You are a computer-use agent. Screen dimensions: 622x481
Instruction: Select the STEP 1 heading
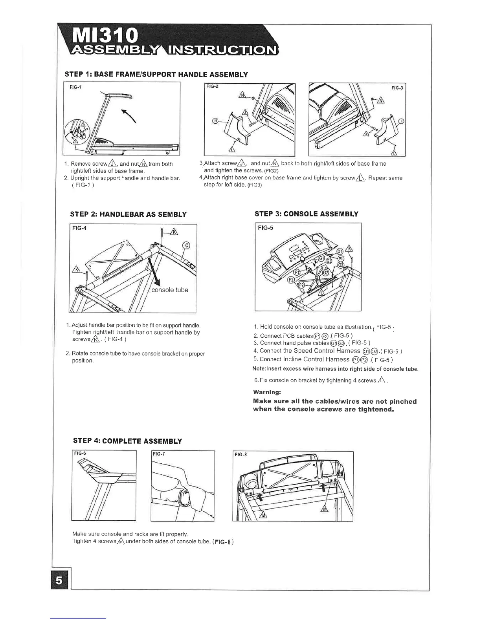tap(156, 74)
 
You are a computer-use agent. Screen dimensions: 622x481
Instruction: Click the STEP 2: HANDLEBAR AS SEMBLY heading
tap(128, 214)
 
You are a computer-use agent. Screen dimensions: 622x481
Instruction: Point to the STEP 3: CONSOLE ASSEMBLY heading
tap(306, 214)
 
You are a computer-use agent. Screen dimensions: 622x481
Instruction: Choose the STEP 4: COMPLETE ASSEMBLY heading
tap(127, 441)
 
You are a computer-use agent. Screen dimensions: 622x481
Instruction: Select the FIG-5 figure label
tap(266, 228)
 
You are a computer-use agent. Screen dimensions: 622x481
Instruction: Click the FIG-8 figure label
tap(240, 455)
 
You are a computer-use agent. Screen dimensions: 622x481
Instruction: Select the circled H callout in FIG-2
tap(215, 121)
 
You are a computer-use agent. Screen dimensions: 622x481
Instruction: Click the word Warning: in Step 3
tap(267, 392)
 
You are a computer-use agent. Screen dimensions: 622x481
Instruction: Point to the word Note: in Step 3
tap(260, 369)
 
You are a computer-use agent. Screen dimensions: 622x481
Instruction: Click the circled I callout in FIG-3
tap(401, 121)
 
